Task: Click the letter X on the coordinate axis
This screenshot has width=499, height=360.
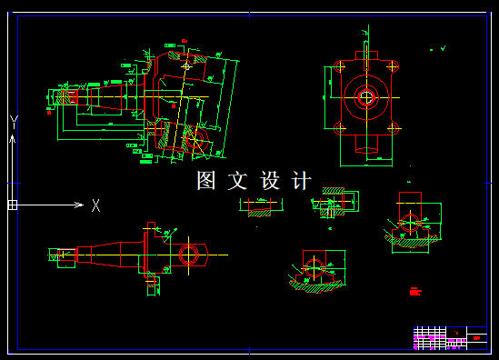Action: [95, 205]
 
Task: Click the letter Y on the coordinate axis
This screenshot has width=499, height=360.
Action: [14, 121]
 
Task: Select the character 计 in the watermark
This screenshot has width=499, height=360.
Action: [301, 181]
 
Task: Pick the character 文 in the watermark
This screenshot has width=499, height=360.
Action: [238, 181]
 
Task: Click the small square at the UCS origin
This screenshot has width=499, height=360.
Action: [13, 205]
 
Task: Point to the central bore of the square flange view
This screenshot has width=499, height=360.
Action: [366, 97]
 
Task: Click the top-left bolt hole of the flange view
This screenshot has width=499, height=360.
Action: [338, 67]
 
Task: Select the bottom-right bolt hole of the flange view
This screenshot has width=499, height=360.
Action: [394, 128]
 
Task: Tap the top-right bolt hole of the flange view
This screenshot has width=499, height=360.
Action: [394, 67]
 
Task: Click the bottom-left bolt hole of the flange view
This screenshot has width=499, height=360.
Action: [338, 128]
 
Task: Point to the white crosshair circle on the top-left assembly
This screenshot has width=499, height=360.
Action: [187, 66]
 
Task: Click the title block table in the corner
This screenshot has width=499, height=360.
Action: [450, 337]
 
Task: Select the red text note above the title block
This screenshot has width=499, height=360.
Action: [416, 292]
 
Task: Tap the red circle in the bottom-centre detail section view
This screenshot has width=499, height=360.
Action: [314, 266]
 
